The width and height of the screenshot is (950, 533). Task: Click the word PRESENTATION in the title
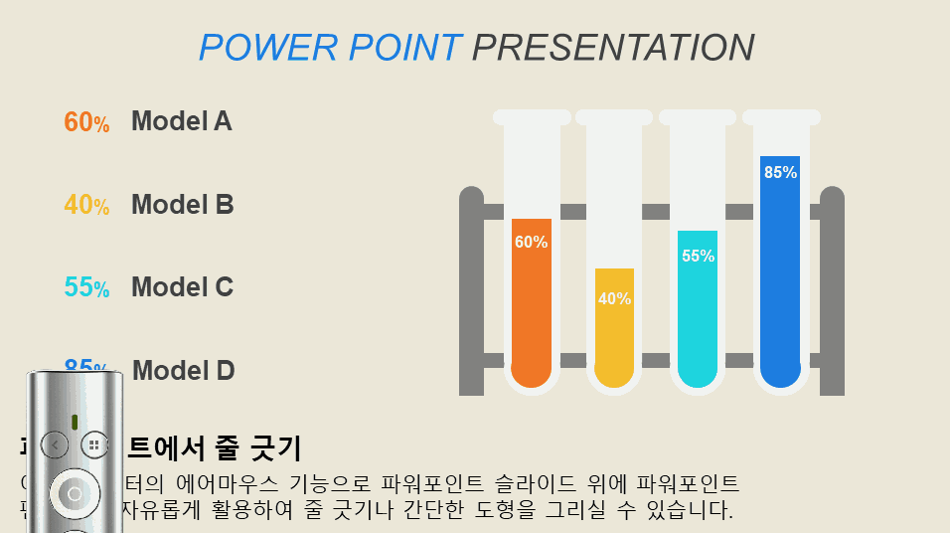pos(613,48)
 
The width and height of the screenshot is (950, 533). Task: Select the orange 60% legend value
pos(86,122)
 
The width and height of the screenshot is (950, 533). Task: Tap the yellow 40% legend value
pos(86,205)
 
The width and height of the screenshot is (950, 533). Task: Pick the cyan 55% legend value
pos(86,287)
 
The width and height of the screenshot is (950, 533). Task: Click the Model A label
pos(182,121)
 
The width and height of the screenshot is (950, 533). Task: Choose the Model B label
pos(183,205)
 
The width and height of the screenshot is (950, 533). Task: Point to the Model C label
pos(183,287)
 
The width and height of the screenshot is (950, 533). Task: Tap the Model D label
pos(184,371)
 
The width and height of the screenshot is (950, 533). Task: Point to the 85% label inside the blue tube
pos(780,172)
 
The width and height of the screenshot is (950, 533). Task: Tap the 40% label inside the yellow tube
pos(614,298)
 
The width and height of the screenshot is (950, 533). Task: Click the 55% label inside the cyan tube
pos(698,256)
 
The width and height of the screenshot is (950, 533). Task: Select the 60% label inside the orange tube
pos(532,242)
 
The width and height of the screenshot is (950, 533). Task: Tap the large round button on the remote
pos(75,493)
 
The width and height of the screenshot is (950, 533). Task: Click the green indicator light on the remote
pos(75,421)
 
